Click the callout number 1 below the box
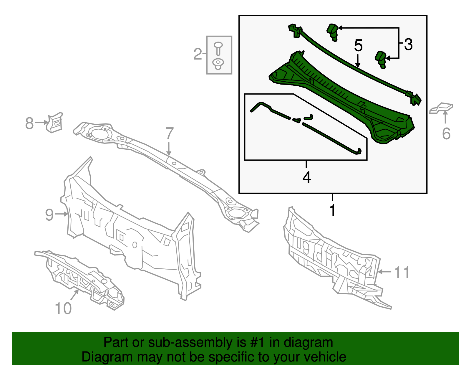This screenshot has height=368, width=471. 332,210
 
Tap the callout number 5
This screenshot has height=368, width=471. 358,46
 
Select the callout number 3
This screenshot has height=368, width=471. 408,44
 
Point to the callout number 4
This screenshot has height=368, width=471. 306,177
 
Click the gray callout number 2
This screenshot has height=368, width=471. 198,54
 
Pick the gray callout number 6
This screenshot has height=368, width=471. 446,133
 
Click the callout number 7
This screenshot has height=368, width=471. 169,133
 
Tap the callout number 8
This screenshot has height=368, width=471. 29,123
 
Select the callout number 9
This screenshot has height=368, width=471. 49,215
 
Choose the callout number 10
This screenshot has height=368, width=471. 63,308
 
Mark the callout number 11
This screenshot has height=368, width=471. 402,273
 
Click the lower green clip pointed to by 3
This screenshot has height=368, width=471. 381,59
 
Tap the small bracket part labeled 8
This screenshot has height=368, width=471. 55,122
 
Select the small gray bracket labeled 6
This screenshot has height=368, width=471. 441,108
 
